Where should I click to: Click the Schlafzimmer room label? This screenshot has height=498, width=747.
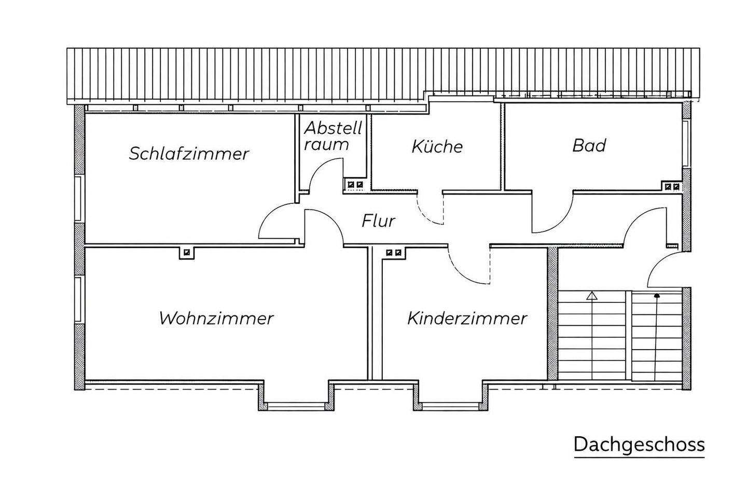click(x=189, y=154)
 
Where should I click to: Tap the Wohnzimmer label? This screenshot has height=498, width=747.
click(x=216, y=318)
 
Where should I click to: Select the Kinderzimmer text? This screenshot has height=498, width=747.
click(x=467, y=318)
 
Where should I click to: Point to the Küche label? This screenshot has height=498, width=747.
click(x=437, y=146)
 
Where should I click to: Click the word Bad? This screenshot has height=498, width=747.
click(x=589, y=145)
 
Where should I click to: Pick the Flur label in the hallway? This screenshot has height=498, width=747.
click(x=378, y=222)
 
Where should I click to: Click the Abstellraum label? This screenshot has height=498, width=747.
click(x=333, y=136)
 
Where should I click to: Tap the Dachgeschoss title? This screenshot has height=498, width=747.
click(x=639, y=445)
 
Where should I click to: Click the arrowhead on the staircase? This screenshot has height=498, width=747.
click(x=591, y=297)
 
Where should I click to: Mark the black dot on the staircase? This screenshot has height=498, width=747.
click(x=657, y=296)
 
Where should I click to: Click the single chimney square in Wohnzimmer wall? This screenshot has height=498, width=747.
click(x=186, y=253)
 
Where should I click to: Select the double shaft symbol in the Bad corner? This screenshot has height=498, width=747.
click(x=672, y=187)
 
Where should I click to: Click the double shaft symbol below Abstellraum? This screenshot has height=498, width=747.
click(x=355, y=184)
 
